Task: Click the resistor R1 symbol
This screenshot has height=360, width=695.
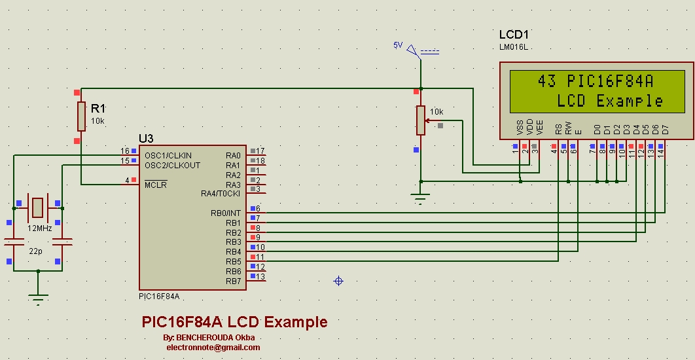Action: tap(81, 116)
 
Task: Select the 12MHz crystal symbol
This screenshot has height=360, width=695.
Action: tap(38, 207)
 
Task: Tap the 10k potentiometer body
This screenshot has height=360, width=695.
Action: tap(420, 120)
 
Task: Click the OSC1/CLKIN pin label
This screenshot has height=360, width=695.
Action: tap(168, 155)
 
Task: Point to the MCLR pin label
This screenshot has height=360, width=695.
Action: tap(156, 185)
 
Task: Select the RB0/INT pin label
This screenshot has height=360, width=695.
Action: tap(224, 213)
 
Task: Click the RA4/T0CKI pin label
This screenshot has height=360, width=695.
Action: tap(221, 194)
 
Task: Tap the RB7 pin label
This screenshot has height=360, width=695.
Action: tap(233, 281)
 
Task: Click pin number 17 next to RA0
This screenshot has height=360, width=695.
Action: tap(260, 151)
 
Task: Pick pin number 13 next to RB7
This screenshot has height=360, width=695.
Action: tap(260, 277)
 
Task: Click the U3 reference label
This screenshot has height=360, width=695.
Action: tap(146, 138)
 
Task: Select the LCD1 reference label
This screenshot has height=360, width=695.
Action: tap(514, 35)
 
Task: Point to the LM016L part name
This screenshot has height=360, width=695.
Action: tap(512, 47)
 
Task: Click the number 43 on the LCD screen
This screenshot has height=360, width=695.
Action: tap(547, 81)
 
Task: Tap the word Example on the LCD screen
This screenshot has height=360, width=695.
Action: tap(630, 101)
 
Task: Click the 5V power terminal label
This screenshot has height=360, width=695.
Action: tap(397, 45)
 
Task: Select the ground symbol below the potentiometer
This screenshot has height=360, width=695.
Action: tap(420, 198)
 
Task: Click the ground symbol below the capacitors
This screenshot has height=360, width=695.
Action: tap(39, 299)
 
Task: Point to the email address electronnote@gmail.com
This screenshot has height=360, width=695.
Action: tap(213, 348)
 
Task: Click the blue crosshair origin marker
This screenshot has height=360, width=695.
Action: tap(338, 281)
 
